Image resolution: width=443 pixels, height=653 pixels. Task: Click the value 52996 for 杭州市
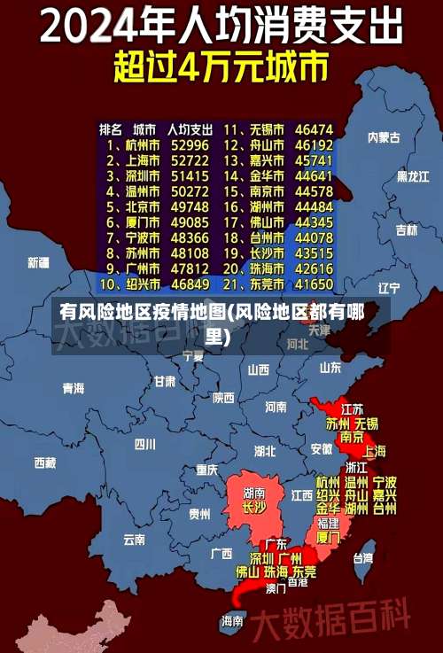[x=190, y=145]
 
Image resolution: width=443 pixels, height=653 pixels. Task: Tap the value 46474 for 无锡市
[x=314, y=129]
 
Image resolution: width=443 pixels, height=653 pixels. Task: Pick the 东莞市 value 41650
[x=314, y=284]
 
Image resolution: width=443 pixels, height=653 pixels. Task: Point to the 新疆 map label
[x=38, y=262]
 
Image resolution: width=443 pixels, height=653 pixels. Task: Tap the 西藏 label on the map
[x=44, y=462]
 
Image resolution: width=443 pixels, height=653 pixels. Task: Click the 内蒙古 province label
[x=384, y=137]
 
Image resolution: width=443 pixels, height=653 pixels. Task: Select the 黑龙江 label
[x=412, y=176]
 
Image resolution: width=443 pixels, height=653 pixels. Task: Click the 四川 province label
[x=144, y=444]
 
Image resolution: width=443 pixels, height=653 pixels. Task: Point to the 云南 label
[x=134, y=538]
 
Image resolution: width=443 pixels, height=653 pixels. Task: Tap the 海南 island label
[x=232, y=621]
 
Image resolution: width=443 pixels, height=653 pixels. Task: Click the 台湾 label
[x=363, y=558]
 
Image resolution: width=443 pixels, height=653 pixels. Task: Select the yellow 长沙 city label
[x=254, y=508]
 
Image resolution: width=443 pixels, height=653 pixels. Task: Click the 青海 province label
[x=73, y=388]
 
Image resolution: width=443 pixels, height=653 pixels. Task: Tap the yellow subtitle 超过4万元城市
[x=221, y=66]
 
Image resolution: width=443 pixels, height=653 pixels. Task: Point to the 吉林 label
[x=406, y=229]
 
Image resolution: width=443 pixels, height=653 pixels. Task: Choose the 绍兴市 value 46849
[x=190, y=284]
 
